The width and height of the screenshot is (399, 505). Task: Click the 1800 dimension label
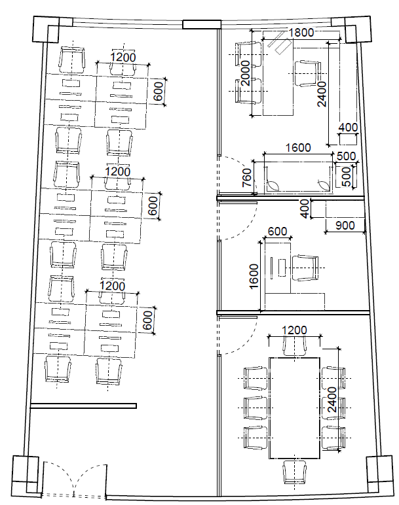301,33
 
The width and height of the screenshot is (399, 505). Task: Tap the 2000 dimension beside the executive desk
246,73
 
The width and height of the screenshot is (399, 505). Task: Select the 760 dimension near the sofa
247,177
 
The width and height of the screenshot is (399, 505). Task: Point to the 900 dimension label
345,226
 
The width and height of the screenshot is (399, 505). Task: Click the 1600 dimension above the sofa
298,148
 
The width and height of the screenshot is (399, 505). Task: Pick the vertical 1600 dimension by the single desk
254,276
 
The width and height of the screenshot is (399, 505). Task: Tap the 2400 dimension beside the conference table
332,400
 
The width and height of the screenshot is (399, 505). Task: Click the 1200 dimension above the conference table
294,330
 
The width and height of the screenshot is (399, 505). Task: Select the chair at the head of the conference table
294,346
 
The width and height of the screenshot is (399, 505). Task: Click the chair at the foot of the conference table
294,472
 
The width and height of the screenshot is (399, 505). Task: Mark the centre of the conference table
294,408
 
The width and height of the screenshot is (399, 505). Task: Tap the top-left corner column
46,29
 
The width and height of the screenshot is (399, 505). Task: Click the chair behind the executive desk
307,73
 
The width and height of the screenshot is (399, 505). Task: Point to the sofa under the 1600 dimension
298,178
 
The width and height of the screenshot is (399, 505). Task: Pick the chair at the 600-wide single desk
305,268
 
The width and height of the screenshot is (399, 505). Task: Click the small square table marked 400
349,139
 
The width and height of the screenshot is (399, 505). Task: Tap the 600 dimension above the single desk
277,232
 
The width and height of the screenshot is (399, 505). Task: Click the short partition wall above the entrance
83,406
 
